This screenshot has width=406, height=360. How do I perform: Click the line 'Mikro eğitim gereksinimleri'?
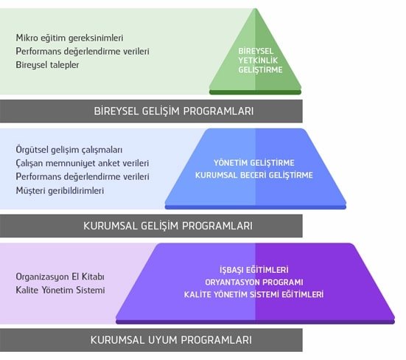pyautogui.click(x=69, y=38)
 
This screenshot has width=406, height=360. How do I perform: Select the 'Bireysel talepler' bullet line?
pyautogui.click(x=47, y=65)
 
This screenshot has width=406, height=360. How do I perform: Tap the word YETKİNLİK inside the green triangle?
pyautogui.click(x=258, y=60)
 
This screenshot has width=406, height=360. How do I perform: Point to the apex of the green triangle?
pyautogui.click(x=255, y=9)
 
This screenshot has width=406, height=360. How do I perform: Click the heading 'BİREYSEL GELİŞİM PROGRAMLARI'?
pyautogui.click(x=173, y=111)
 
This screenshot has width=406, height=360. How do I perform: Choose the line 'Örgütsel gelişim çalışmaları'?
pyautogui.click(x=69, y=150)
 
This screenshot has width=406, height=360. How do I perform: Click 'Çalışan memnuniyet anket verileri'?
pyautogui.click(x=83, y=163)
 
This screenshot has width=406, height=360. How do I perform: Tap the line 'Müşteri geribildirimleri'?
pyautogui.click(x=60, y=190)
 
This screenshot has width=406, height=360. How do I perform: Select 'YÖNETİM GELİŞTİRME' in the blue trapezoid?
pyautogui.click(x=254, y=163)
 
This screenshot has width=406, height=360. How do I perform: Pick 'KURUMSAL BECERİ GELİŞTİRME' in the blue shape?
pyautogui.click(x=254, y=176)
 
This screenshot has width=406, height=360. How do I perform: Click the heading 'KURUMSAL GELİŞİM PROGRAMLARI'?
pyautogui.click(x=168, y=226)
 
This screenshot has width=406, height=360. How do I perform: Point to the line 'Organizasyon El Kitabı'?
pyautogui.click(x=60, y=277)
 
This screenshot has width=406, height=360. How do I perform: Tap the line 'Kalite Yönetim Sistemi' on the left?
pyautogui.click(x=60, y=290)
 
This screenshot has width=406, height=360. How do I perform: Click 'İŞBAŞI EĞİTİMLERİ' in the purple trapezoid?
pyautogui.click(x=254, y=270)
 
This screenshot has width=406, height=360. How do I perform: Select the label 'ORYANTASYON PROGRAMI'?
pyautogui.click(x=254, y=283)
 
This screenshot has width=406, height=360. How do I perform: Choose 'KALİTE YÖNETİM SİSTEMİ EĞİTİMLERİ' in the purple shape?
pyautogui.click(x=254, y=294)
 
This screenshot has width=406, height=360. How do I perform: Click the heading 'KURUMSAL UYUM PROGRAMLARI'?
pyautogui.click(x=171, y=340)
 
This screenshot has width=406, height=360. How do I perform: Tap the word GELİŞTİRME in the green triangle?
pyautogui.click(x=260, y=70)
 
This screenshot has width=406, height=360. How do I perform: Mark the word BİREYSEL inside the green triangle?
pyautogui.click(x=256, y=51)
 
